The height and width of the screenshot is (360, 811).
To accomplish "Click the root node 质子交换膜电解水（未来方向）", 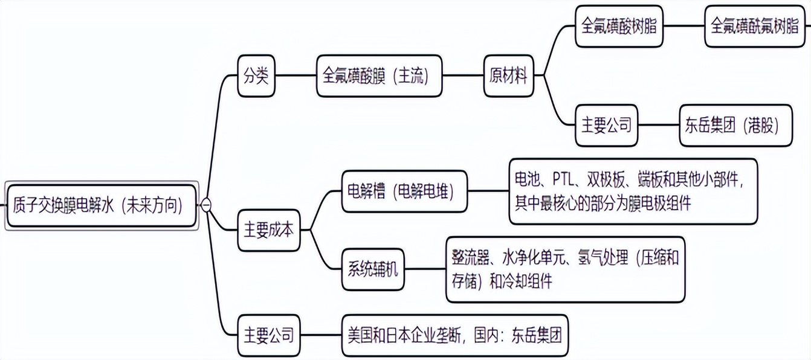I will [102, 205].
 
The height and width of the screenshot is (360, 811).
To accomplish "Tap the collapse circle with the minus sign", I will [206, 205].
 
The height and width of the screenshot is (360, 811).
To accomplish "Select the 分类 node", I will [256, 76].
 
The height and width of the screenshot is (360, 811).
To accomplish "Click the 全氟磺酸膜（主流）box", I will [379, 76].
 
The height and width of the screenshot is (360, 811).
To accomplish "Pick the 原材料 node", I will [508, 76].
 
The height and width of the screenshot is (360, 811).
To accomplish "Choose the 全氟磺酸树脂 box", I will [619, 27].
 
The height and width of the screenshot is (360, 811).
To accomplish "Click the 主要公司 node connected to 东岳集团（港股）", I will [606, 126].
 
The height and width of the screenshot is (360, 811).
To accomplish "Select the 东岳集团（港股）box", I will [735, 126].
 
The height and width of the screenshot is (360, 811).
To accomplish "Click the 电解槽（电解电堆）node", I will [404, 191].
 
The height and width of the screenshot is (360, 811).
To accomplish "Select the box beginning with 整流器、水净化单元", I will [565, 269].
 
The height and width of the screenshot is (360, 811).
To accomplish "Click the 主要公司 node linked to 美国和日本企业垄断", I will [268, 334].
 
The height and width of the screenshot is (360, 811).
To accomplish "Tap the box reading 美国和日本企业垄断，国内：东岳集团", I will [455, 334].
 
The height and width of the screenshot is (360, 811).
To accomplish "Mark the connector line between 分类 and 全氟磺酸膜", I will [296, 76].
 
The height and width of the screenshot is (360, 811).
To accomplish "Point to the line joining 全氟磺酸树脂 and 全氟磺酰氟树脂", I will [683, 27].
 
